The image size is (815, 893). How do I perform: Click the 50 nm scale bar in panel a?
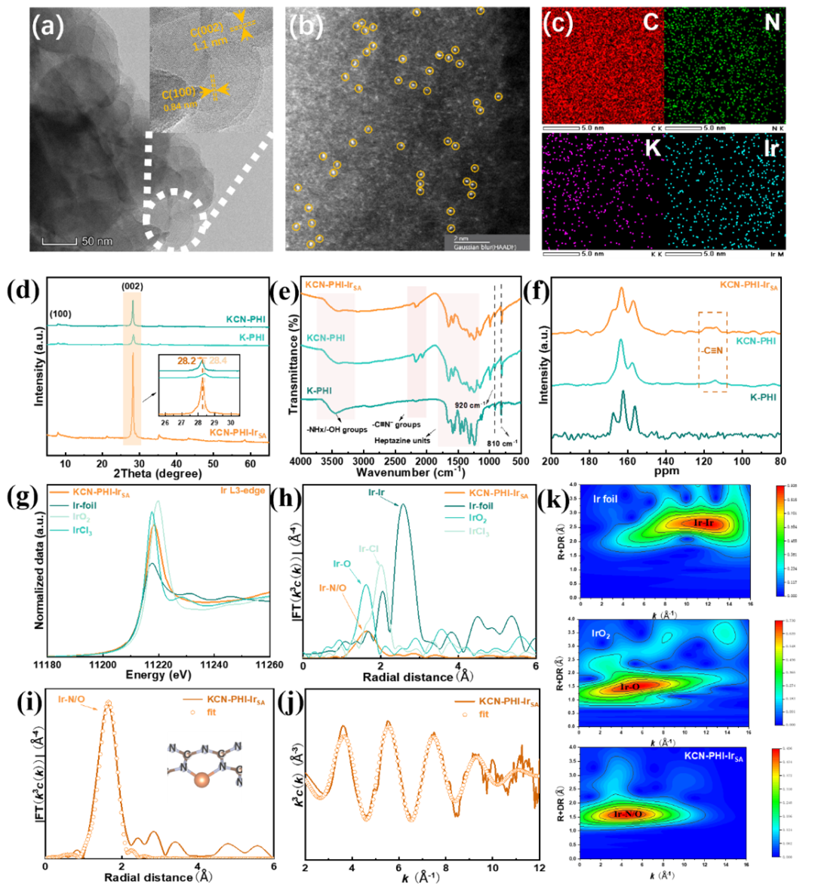[x=76, y=241]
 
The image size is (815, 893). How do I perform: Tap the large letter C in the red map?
[x=649, y=22]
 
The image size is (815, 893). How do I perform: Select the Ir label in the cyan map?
[x=771, y=148]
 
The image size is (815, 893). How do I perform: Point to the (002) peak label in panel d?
[x=133, y=287]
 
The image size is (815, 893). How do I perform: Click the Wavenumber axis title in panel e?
[x=411, y=473]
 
